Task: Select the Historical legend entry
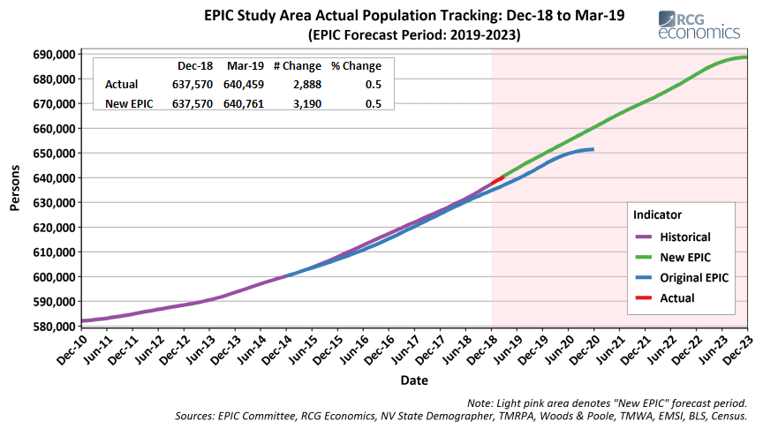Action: [684, 237]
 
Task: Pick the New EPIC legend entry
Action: [684, 257]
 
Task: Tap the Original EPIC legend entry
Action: [694, 277]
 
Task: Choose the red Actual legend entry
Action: [677, 297]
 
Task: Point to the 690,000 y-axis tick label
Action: [54, 55]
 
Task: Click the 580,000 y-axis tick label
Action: [54, 327]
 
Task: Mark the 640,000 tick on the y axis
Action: [54, 178]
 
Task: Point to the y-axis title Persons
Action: [15, 190]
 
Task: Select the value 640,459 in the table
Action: [246, 85]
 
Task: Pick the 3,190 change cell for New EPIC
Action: [306, 103]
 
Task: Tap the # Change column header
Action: [297, 66]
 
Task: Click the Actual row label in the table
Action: [121, 85]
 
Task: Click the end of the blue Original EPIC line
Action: [593, 149]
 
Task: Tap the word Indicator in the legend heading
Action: [657, 214]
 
